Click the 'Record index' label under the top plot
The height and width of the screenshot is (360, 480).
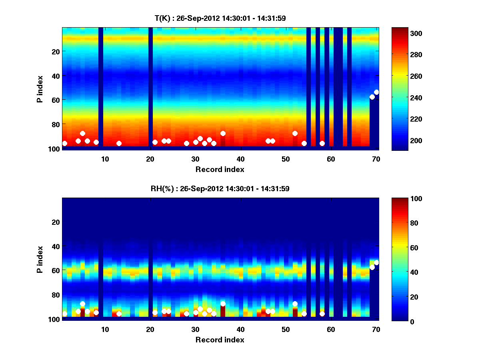pos(220,169)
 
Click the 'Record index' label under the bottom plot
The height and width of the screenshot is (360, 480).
pos(220,340)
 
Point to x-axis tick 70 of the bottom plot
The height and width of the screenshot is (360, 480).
pos(376,329)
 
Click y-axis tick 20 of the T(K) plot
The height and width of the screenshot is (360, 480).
pos(55,52)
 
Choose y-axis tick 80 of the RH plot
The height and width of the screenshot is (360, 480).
pos(55,295)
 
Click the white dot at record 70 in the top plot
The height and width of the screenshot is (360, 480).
pos(376,92)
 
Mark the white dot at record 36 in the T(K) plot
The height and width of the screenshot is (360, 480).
pos(223,133)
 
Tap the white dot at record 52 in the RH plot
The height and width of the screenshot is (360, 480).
pos(295,304)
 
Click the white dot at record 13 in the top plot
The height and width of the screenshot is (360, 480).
pos(119,143)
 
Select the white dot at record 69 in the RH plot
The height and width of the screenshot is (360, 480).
pos(372,267)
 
